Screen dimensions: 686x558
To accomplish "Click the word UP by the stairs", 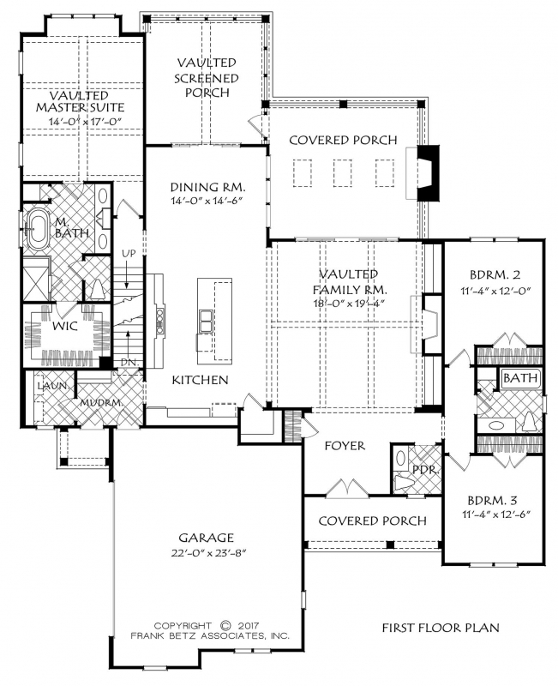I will pyautogui.click(x=129, y=255).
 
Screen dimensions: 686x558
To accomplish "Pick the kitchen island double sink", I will pyautogui.click(x=206, y=321).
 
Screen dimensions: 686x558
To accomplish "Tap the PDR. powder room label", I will pyautogui.click(x=423, y=470).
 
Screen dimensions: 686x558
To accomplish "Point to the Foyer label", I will pyautogui.click(x=345, y=446).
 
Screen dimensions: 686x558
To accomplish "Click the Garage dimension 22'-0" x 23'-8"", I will pyautogui.click(x=209, y=551).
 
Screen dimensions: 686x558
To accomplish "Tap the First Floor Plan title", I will pyautogui.click(x=440, y=628).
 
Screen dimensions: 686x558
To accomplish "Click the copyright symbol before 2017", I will pyautogui.click(x=226, y=625).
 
